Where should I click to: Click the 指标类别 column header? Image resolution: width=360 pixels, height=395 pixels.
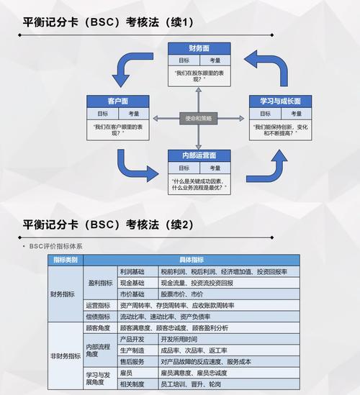[66, 260]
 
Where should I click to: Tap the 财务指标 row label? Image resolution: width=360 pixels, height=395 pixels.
[63, 294]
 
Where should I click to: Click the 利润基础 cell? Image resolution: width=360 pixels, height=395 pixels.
[132, 271]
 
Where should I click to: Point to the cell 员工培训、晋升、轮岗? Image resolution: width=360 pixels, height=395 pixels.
[191, 385]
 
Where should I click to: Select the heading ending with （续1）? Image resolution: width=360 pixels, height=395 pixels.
[108, 22]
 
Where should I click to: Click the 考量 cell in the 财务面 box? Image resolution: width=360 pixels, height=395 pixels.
[215, 60]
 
